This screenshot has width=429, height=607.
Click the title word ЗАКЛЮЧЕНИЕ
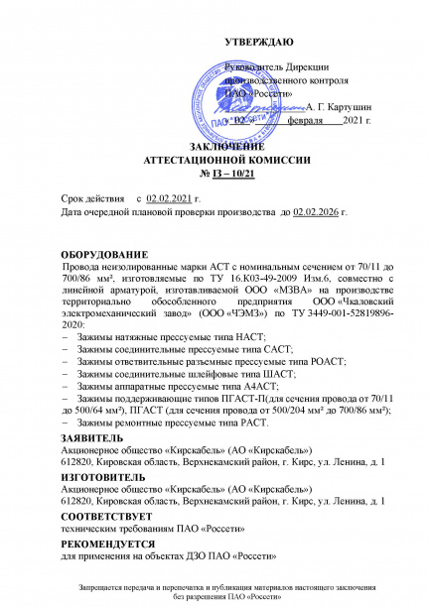tap(214, 146)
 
